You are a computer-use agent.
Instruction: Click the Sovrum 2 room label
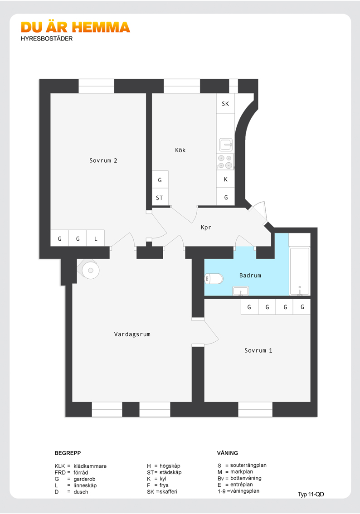point(103,160)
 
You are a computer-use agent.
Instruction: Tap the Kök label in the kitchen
point(180,150)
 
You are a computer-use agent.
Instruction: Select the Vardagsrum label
point(132,335)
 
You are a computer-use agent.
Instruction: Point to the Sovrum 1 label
point(258,350)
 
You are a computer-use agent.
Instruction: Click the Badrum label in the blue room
point(250,276)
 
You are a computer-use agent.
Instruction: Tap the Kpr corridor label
point(206,228)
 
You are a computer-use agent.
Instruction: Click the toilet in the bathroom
point(214,279)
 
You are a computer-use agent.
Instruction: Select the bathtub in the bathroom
point(299,271)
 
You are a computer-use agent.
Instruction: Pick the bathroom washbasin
point(241,291)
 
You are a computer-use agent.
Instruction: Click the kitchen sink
point(226,144)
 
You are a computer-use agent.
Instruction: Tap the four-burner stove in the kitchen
point(225,162)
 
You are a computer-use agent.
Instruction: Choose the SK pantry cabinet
point(225,104)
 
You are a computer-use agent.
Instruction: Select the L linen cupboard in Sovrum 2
point(95,238)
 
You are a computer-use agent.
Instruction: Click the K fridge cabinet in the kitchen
point(226,179)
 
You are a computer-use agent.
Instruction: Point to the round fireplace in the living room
point(90,271)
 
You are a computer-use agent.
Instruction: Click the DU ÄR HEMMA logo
point(75,28)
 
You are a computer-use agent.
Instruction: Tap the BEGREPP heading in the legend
point(68,453)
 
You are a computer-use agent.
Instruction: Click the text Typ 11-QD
point(311,495)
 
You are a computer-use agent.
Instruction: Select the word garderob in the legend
point(84,479)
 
